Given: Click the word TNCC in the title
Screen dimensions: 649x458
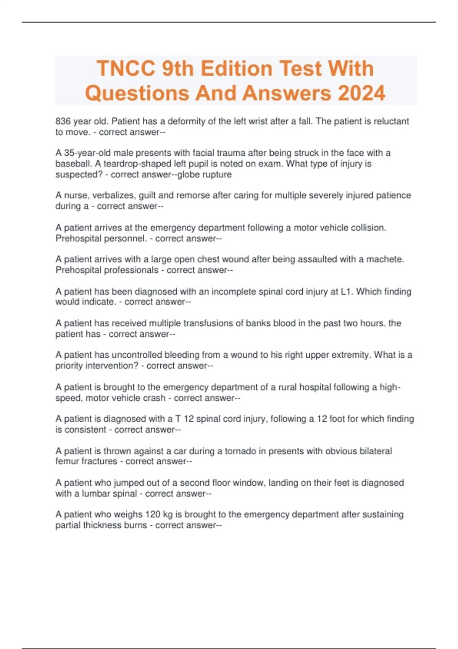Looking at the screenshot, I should click(x=126, y=69).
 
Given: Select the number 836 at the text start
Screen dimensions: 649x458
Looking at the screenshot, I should click(x=63, y=121).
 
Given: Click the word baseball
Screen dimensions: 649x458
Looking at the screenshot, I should click(x=72, y=164).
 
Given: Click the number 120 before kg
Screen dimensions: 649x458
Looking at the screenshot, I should click(x=153, y=515).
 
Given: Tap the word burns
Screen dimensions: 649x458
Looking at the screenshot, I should click(x=135, y=525).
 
